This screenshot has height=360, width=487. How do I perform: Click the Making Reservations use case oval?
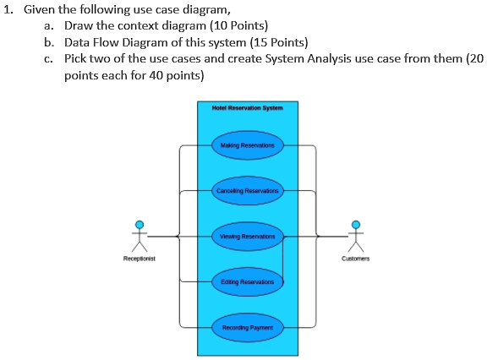pyautogui.click(x=248, y=145)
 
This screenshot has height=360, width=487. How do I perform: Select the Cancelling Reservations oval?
pyautogui.click(x=248, y=191)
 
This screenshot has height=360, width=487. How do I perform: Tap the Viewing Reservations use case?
pyautogui.click(x=248, y=237)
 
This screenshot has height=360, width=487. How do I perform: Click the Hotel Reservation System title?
pyautogui.click(x=248, y=108)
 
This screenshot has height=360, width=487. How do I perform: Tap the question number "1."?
pyautogui.click(x=9, y=10)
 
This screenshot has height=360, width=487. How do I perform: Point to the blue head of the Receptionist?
pyautogui.click(x=139, y=223)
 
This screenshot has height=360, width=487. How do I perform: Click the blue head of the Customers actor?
pyautogui.click(x=356, y=223)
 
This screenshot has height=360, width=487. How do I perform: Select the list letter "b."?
pyautogui.click(x=50, y=42)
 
